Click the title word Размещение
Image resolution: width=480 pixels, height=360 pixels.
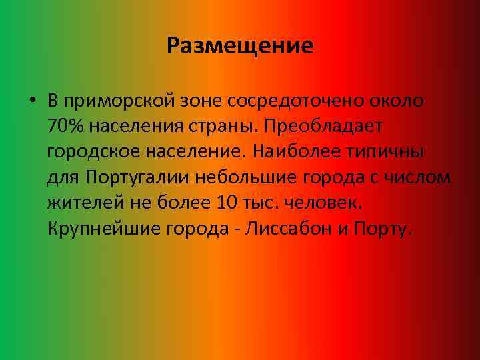[240, 46]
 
